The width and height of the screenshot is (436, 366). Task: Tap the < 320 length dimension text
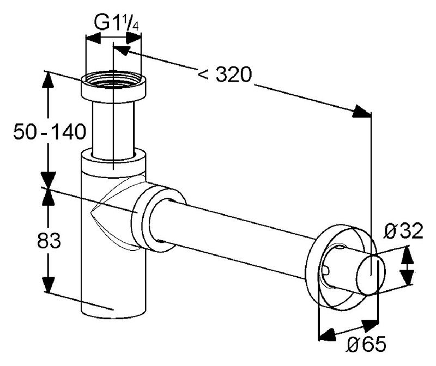pyautogui.click(x=224, y=75)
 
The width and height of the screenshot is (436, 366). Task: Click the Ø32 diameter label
pyautogui.click(x=403, y=233)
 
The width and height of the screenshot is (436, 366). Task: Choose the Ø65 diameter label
pyautogui.click(x=366, y=344)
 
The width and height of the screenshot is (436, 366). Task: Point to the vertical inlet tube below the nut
pyautogui.click(x=113, y=128)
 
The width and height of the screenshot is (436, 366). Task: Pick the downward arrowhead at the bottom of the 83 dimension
pyautogui.click(x=49, y=286)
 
